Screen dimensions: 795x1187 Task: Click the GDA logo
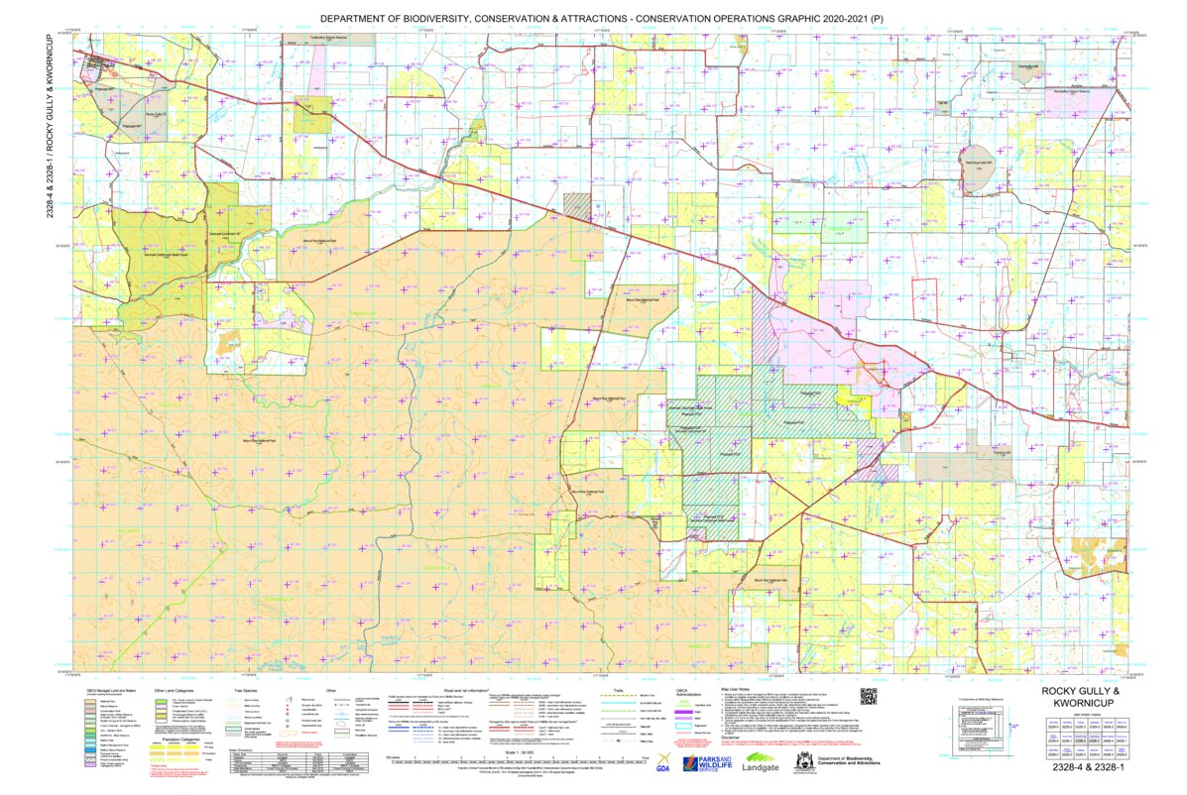tap(661, 762)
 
